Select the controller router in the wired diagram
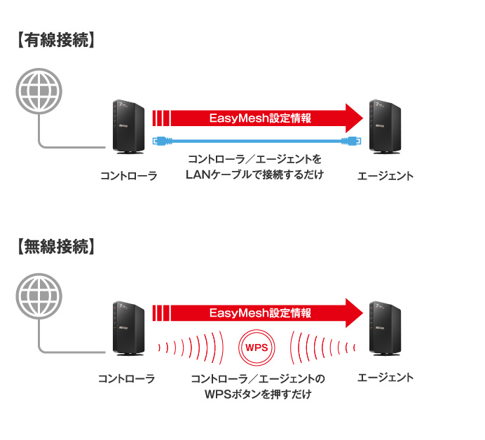pos(128,127)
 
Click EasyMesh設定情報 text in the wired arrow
pos(259,118)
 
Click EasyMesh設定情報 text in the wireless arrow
pos(259,313)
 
